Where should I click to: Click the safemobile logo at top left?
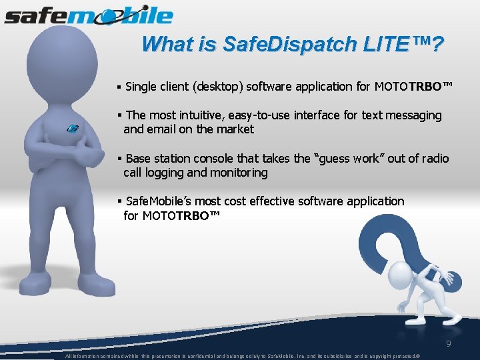[88, 15]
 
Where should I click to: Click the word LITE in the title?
[387, 45]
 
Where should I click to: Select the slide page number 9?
[449, 345]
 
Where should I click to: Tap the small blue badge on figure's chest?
[73, 128]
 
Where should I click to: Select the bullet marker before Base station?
[118, 159]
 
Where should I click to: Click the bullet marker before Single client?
[118, 87]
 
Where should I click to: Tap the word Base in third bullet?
[139, 159]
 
